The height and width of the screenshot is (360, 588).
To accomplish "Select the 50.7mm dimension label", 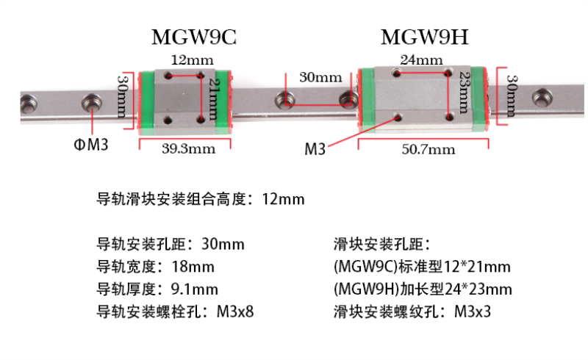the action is pyautogui.click(x=429, y=150).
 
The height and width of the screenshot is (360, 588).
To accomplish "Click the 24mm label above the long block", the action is pyautogui.click(x=422, y=60).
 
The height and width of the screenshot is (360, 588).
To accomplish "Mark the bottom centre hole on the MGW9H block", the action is pyautogui.click(x=398, y=115).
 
